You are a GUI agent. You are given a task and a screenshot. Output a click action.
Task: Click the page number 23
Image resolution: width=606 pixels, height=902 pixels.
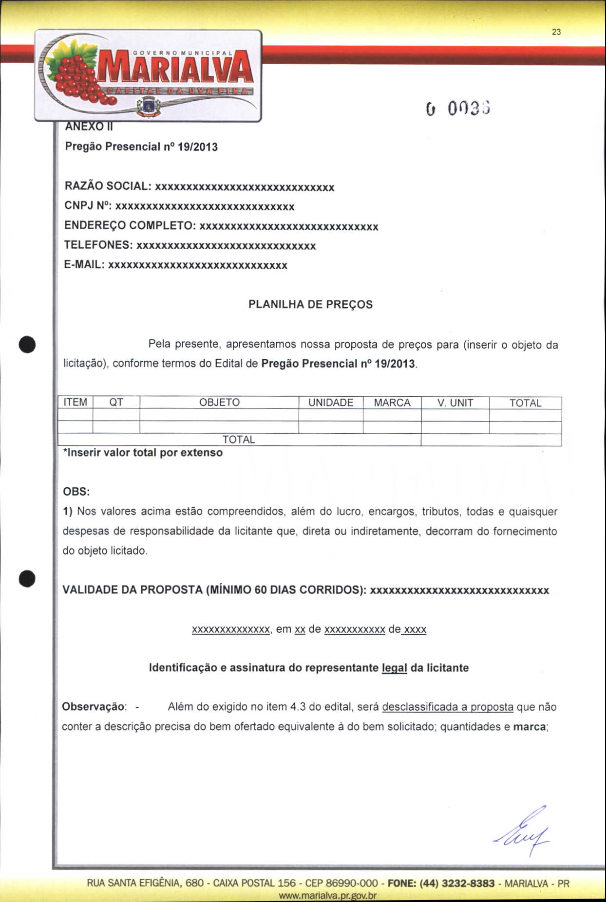pos(556,32)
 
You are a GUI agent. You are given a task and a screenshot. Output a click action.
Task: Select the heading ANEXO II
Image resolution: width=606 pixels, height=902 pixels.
pos(89,127)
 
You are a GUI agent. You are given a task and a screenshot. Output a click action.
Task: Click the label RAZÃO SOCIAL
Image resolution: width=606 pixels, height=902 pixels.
pos(108,186)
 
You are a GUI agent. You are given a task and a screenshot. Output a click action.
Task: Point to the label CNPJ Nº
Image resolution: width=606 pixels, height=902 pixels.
pos(88,206)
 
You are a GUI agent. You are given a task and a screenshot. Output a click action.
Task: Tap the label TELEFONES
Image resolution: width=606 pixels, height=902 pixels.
pos(98,245)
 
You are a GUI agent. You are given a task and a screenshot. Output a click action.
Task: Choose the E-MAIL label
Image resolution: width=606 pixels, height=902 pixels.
pos(84,265)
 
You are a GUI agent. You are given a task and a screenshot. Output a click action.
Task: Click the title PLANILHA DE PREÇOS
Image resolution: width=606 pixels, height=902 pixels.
pos(310,305)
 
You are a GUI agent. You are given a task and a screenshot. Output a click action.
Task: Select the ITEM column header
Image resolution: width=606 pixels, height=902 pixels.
pos(76,403)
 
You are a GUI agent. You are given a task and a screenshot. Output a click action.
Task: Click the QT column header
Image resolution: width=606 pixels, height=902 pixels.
pos(116,403)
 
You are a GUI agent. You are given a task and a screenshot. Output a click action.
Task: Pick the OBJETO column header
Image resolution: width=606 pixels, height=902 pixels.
pos(219,403)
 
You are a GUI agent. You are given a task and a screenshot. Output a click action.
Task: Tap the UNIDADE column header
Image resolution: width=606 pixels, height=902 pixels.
pos(331,403)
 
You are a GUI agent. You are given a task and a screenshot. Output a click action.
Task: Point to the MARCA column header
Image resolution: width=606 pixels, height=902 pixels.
pos(392,403)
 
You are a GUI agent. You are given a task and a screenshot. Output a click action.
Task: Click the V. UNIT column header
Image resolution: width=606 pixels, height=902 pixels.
pos(455,403)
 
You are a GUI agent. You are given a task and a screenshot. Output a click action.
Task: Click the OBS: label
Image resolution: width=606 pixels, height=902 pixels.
pos(76,492)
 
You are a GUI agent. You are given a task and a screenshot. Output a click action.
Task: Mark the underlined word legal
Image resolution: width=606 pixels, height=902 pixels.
pos(394,668)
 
